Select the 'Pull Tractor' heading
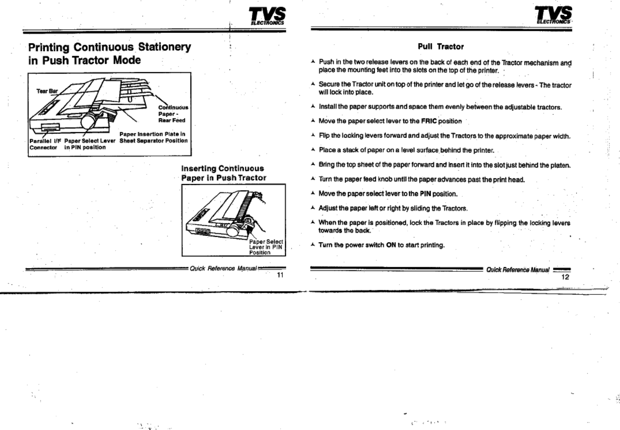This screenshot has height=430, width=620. tap(440, 46)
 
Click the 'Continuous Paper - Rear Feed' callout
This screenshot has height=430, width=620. tap(173, 114)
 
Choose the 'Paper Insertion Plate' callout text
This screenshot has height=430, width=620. tap(153, 137)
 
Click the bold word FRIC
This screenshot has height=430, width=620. tap(429, 121)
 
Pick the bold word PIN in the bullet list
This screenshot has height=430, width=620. tap(425, 194)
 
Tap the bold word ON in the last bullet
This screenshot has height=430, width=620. tap(391, 245)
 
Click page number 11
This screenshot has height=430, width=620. tap(280, 275)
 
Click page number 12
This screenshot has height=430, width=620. tap(565, 277)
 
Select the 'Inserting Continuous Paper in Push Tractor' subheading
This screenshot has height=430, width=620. tap(223, 173)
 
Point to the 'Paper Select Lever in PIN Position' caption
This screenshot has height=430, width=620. tap(266, 247)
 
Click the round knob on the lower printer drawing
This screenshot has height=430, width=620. tap(233, 231)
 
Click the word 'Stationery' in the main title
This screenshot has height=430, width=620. tap(164, 47)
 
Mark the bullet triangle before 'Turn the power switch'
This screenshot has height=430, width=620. tap(313, 244)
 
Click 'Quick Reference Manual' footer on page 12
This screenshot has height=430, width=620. tap(518, 270)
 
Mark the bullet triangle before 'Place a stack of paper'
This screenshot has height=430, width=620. tap(313, 150)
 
